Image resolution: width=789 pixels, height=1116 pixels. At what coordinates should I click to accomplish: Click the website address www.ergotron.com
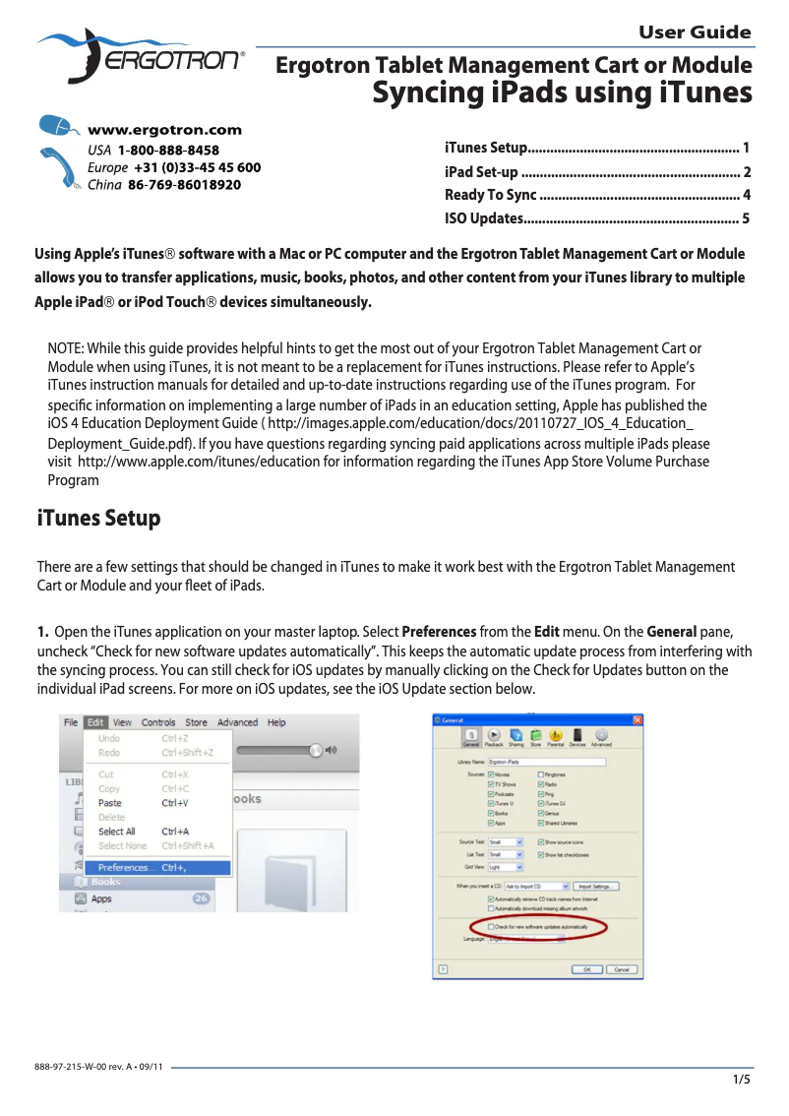164,130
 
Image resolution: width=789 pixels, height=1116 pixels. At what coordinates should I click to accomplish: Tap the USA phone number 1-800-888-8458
168,150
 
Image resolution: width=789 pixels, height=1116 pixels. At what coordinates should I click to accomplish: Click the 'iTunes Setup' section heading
98,518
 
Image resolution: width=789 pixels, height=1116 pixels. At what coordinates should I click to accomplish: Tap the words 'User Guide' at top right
695,32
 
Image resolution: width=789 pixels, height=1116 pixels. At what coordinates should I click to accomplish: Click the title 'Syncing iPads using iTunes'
562,93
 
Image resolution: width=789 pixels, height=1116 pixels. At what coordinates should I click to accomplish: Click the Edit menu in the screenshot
95,722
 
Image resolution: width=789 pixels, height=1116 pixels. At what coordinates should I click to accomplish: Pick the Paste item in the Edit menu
110,803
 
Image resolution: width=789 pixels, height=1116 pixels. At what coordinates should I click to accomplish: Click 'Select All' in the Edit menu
117,832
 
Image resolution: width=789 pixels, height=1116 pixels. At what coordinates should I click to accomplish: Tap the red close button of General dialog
637,720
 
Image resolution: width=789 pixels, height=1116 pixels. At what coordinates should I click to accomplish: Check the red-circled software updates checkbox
492,927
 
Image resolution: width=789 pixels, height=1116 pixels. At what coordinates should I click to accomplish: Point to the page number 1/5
741,1080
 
